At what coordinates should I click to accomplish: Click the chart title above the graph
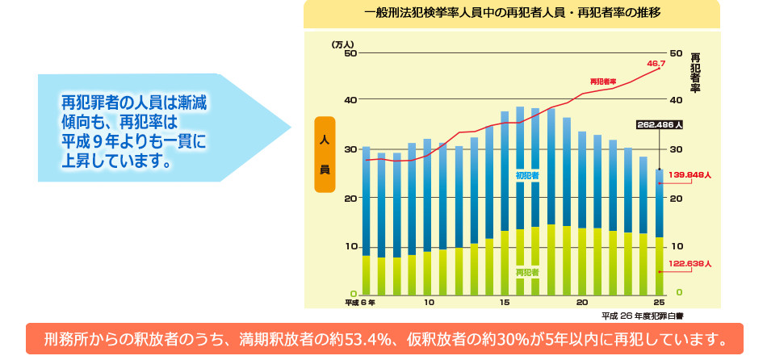[512, 14]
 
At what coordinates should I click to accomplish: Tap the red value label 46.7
[656, 63]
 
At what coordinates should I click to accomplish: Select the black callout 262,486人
[660, 125]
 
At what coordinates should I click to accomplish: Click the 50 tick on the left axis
[350, 53]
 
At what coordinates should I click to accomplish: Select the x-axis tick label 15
[505, 303]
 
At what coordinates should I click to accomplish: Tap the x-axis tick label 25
[659, 303]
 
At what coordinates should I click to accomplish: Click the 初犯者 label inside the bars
[527, 174]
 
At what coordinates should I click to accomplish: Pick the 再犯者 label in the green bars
[527, 273]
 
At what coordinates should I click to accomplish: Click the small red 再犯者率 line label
[603, 82]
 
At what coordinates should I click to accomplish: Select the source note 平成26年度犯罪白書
[643, 316]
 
